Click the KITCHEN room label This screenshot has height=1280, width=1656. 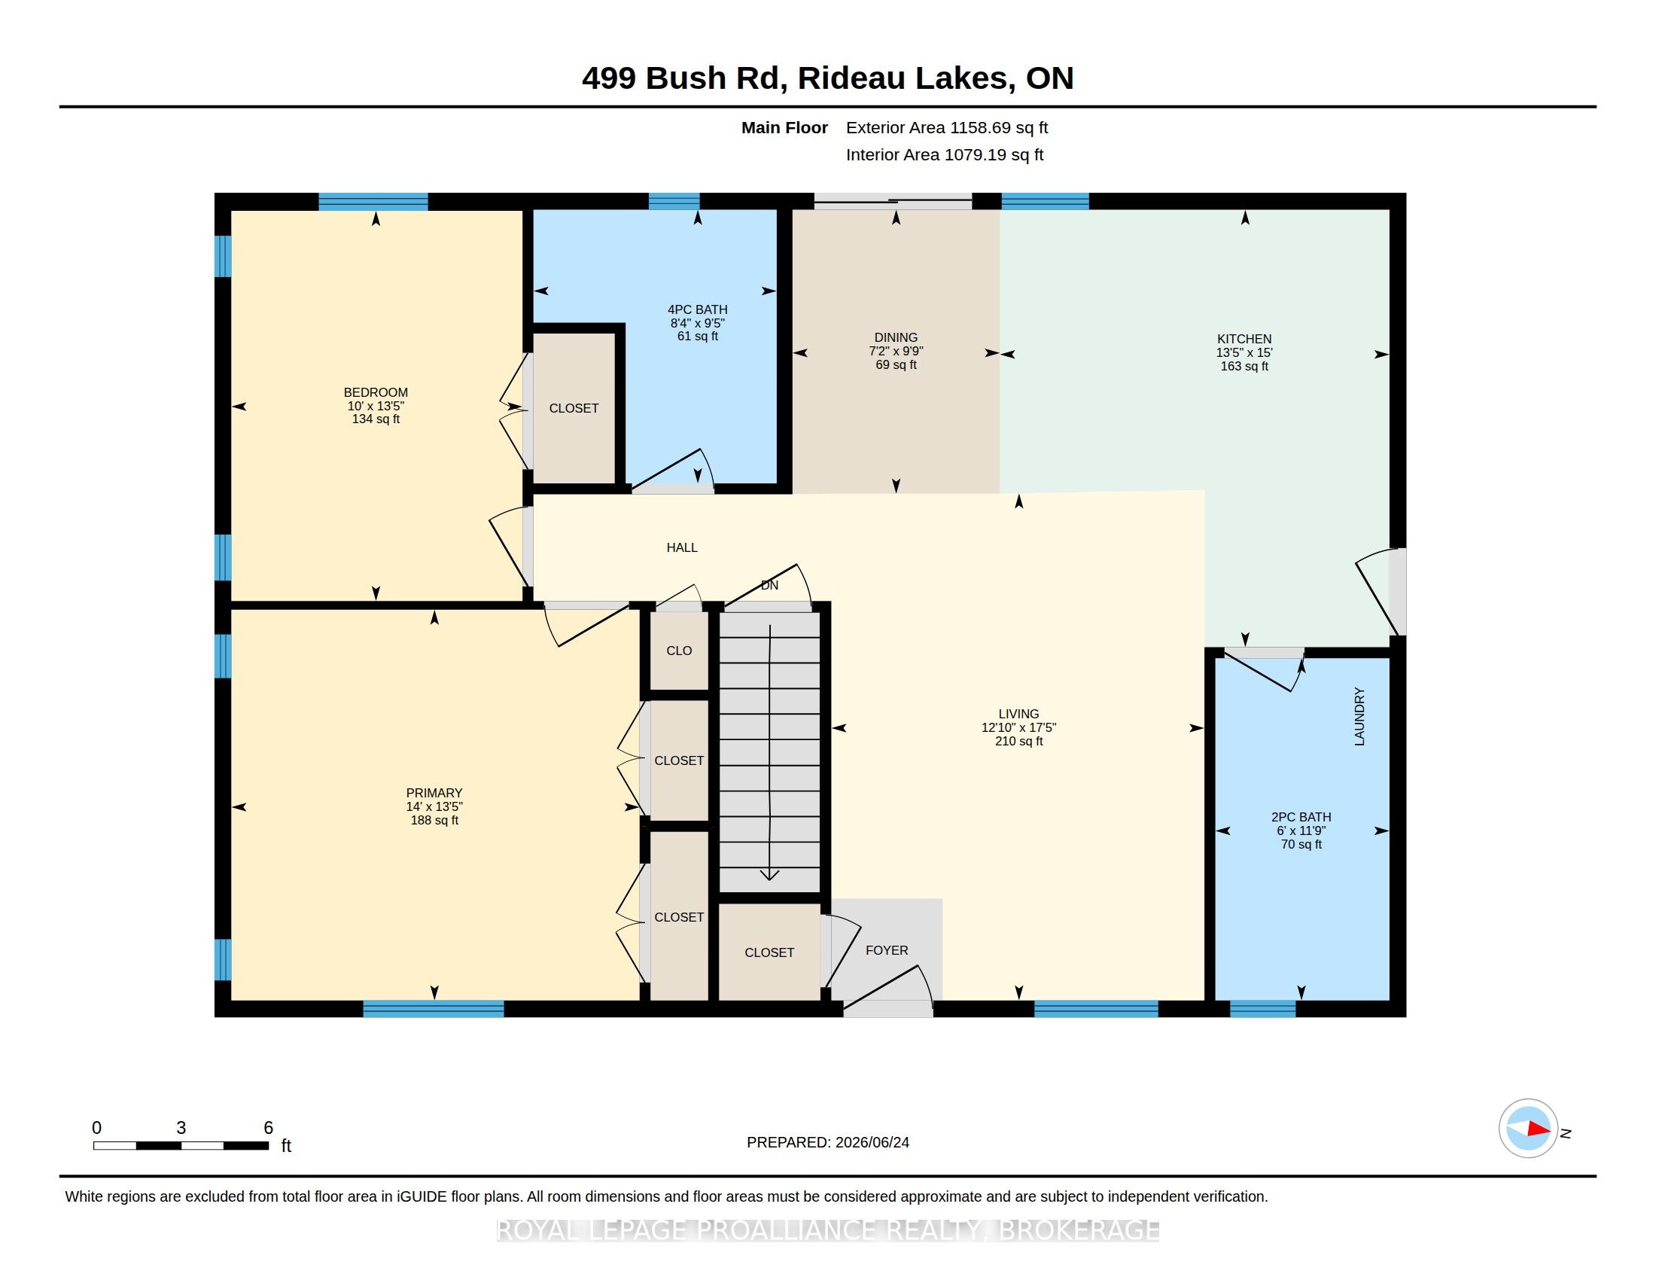pyautogui.click(x=1244, y=339)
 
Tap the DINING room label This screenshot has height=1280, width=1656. pyautogui.click(x=896, y=337)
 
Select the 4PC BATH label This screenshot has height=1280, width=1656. pyautogui.click(x=698, y=309)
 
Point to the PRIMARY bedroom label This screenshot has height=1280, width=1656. pyautogui.click(x=434, y=793)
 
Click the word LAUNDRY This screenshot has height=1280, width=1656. pyautogui.click(x=1359, y=717)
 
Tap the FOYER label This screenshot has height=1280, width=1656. pyautogui.click(x=887, y=950)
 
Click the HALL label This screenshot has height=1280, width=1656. pyautogui.click(x=682, y=547)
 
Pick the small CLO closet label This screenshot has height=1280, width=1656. pyautogui.click(x=679, y=651)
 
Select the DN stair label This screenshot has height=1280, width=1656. pyautogui.click(x=769, y=585)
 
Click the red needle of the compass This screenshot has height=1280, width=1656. pyautogui.click(x=1539, y=1129)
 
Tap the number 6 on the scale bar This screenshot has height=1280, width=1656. pyautogui.click(x=268, y=1128)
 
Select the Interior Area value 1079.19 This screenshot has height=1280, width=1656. pyautogui.click(x=975, y=154)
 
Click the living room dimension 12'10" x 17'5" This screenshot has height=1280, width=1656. pyautogui.click(x=1018, y=727)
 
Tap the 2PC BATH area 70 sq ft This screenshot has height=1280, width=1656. pyautogui.click(x=1301, y=844)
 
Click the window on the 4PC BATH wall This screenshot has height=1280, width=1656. pyautogui.click(x=674, y=201)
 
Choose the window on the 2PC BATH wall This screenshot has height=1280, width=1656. pyautogui.click(x=1262, y=1008)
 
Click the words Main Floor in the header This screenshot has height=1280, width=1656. pyautogui.click(x=784, y=127)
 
